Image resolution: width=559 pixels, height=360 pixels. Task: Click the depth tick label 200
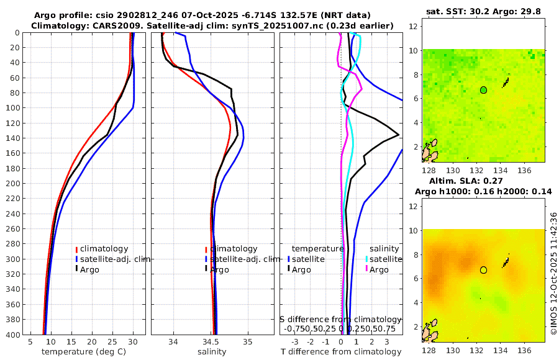(13, 184)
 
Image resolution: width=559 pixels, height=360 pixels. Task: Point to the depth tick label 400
(13, 335)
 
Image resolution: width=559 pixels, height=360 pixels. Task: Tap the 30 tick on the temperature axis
(132, 342)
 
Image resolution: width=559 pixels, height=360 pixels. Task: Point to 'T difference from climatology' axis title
(341, 352)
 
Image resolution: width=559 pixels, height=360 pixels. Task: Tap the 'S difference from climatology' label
(341, 319)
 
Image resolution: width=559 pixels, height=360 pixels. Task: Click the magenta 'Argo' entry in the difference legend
(378, 269)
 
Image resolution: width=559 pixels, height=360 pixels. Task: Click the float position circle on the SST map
(484, 90)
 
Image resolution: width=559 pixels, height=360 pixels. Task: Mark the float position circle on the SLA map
(484, 270)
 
